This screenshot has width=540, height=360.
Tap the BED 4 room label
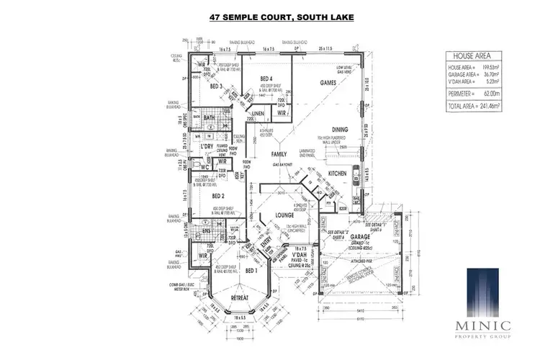click(x=265, y=78)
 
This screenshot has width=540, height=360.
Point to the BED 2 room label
click(x=220, y=195)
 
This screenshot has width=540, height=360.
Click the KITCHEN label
click(x=338, y=174)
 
